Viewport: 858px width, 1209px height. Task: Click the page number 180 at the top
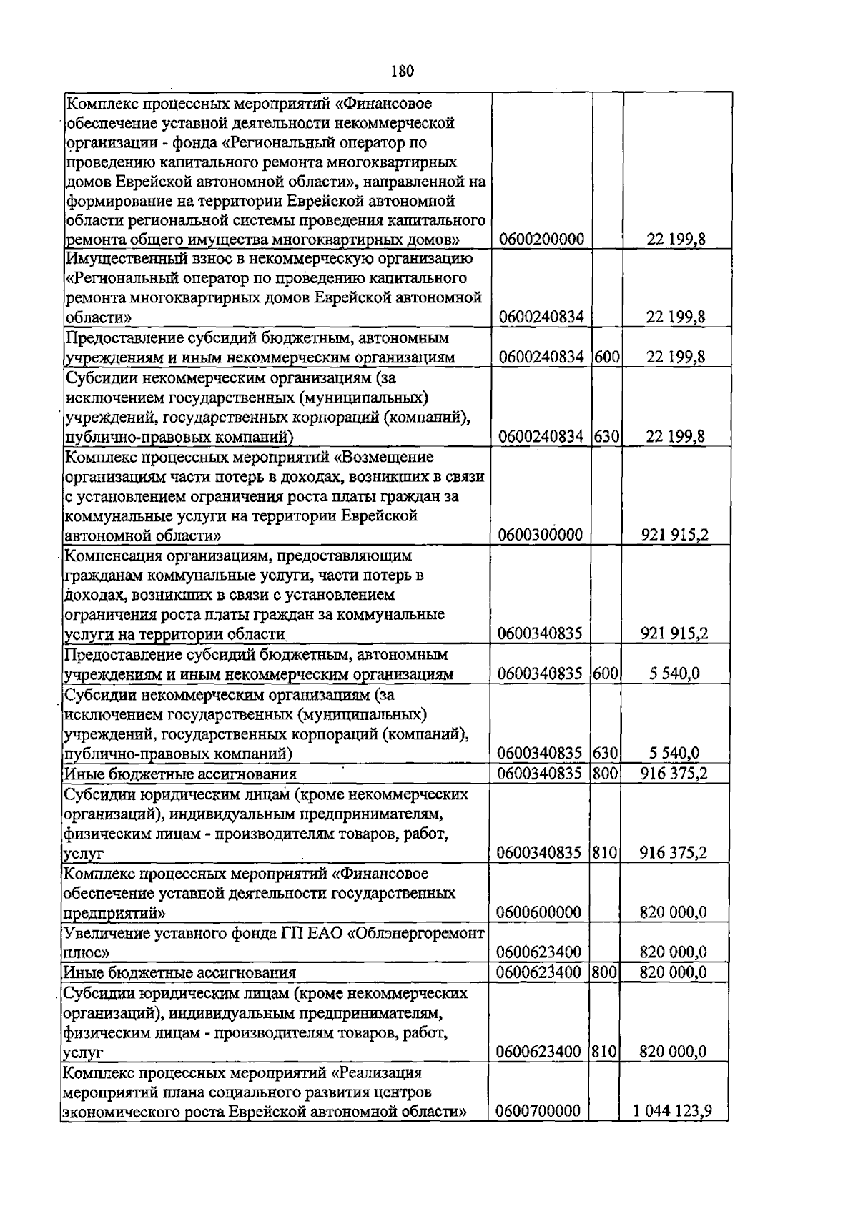pos(403,71)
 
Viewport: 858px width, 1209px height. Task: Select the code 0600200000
pos(541,239)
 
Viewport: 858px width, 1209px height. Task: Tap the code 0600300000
pos(541,535)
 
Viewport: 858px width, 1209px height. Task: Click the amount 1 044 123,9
pos(673,1112)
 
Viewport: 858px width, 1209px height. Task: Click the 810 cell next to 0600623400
pos(605,1052)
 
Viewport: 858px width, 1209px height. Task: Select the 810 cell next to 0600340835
pos(605,852)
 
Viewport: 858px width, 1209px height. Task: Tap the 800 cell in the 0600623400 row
pos(605,972)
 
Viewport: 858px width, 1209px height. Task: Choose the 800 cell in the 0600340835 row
pos(605,773)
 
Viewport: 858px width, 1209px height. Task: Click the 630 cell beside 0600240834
pos(606,436)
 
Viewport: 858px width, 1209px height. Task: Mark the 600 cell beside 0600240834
pos(606,357)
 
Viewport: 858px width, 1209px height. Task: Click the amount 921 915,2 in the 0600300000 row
pos(675,535)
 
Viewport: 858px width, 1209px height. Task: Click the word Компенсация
pos(110,555)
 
